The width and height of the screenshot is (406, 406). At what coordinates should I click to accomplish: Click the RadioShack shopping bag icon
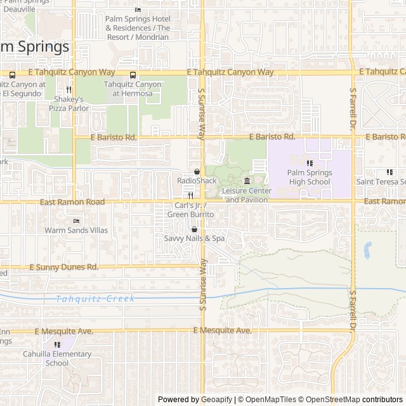(x=197, y=172)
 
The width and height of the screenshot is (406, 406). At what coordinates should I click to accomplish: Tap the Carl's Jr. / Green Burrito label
(x=190, y=210)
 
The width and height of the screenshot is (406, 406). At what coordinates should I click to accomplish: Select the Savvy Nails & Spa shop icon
(x=194, y=230)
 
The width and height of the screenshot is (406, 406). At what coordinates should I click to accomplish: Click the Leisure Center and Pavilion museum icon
(x=247, y=182)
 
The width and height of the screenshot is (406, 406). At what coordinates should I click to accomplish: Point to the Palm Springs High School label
(x=308, y=177)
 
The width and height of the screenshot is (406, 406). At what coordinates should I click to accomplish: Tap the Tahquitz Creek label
(x=95, y=299)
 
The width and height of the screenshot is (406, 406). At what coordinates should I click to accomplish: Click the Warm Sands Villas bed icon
(x=76, y=221)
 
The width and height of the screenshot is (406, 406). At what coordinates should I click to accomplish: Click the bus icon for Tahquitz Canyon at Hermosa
(x=132, y=74)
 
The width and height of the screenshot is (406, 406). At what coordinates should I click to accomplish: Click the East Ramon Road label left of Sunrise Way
(x=72, y=202)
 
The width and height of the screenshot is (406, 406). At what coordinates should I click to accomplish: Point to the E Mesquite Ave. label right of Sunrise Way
(x=222, y=331)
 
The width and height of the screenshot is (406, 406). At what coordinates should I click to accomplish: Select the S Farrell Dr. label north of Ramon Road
(x=353, y=112)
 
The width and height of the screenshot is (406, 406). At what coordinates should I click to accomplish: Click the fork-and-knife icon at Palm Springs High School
(x=309, y=163)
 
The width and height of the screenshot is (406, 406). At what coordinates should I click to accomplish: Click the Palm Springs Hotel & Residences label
(x=138, y=28)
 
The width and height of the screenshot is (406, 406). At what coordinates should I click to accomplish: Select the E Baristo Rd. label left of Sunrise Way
(x=114, y=137)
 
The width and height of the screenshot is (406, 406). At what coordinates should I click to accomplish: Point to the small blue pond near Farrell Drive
(x=367, y=251)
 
